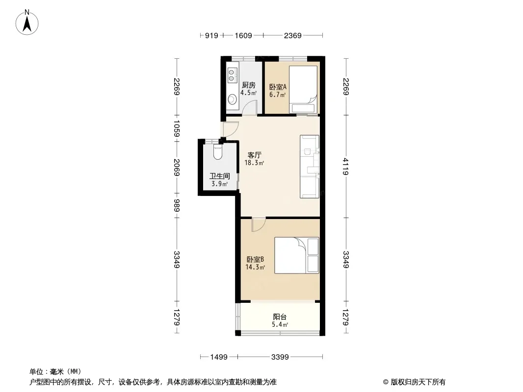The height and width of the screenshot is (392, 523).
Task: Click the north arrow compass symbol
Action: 27,22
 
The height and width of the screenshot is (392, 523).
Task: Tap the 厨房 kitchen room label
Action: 249,85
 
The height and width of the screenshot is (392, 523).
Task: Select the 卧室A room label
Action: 278,87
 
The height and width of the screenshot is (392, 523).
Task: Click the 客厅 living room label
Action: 254,155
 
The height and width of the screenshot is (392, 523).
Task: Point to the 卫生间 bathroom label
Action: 219,176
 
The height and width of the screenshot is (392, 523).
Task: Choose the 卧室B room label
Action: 256,259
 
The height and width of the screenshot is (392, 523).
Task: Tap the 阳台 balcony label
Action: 280,317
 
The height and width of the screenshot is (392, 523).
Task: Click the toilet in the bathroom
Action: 217,151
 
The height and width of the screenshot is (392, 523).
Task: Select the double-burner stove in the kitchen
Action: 232,75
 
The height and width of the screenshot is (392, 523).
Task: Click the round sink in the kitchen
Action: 232,99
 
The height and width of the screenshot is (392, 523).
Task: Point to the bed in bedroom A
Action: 303,89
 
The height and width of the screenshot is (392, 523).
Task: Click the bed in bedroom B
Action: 296,255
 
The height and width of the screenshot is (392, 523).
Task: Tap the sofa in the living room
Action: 310,167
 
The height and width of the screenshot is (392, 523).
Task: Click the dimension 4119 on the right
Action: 346,167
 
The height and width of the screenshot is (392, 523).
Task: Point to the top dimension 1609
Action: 243,35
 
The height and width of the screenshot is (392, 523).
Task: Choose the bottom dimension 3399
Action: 280,357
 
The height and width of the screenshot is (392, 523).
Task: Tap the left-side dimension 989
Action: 177,205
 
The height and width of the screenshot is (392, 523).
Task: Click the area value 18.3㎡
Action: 254,163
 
